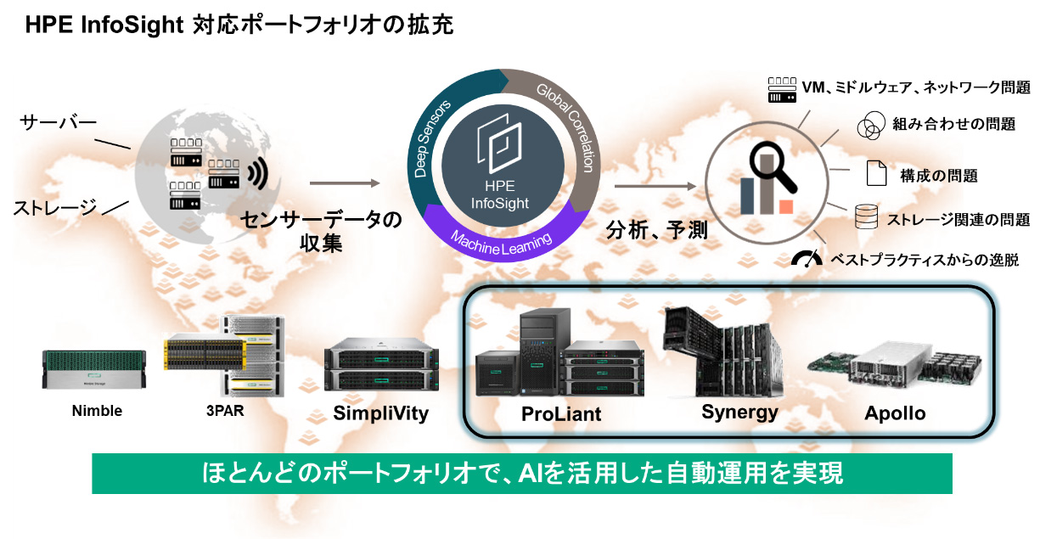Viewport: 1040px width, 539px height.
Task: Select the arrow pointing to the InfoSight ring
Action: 343,183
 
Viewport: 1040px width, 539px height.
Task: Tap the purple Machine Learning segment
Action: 500,239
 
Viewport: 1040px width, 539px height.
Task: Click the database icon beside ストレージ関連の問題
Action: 866,216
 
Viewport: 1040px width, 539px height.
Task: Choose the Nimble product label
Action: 96,411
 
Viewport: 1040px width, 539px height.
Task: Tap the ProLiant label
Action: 561,414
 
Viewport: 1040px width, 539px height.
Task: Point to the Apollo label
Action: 895,414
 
